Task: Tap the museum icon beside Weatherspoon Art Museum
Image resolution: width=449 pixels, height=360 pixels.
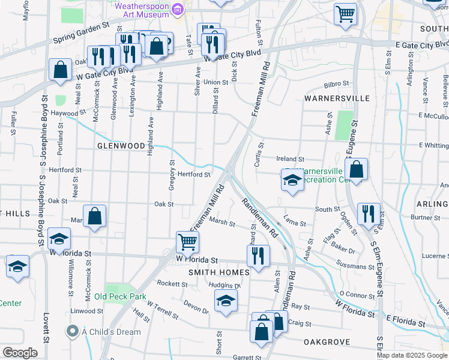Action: point(177,8)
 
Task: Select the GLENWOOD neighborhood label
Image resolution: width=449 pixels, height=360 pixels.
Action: point(121,146)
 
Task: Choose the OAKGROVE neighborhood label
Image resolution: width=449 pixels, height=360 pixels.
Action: point(327,341)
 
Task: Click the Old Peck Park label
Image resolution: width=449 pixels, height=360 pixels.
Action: point(120,296)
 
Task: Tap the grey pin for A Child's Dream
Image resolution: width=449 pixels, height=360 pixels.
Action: point(73,331)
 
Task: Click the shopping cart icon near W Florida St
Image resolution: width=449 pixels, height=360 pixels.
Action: point(188,242)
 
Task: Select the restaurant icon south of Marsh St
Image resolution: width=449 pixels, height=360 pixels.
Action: point(259,255)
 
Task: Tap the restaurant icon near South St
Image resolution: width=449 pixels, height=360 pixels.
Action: point(369,213)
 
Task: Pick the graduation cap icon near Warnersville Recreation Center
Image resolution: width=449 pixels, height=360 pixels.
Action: point(292,180)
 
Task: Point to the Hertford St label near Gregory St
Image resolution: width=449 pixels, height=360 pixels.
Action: point(192,175)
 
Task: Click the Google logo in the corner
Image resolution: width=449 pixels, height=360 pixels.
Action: point(20,353)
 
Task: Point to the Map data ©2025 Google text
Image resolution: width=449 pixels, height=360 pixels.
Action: point(412,355)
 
